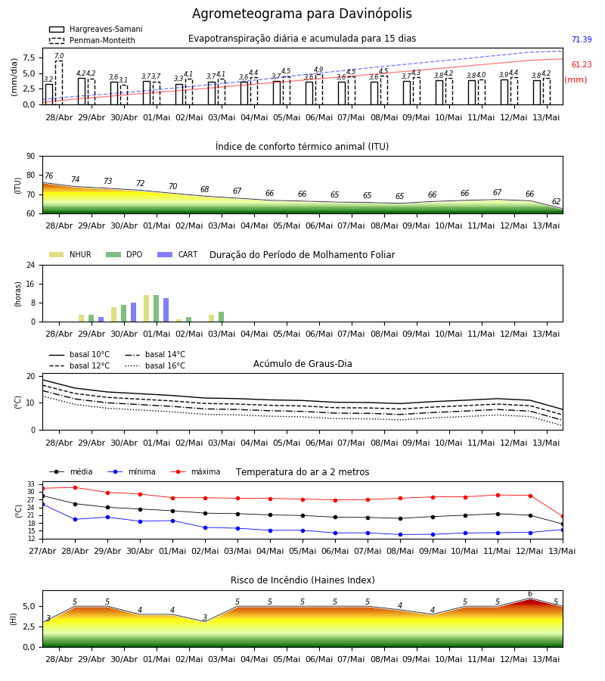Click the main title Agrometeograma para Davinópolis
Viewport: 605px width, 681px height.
point(302,14)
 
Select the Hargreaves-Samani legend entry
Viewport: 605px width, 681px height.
point(96,29)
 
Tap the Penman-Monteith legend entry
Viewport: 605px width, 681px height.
point(92,40)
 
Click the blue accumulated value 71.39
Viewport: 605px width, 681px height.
point(582,39)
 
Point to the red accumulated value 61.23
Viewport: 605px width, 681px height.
point(582,64)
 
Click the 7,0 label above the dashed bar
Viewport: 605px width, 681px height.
point(59,56)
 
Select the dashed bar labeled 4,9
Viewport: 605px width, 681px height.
point(319,89)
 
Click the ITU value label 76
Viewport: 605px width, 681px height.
point(48,176)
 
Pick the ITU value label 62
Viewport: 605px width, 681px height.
point(556,201)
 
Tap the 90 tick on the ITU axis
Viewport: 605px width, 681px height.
point(31,157)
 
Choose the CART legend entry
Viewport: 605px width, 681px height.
point(178,254)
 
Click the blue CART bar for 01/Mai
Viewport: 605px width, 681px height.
point(166,310)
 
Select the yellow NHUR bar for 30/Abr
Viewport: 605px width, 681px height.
point(113,315)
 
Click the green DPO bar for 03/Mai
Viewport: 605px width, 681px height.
point(222,317)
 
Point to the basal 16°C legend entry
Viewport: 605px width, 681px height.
point(155,365)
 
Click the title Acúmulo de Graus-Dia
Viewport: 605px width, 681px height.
point(302,363)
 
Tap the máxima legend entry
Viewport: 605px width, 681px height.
point(195,471)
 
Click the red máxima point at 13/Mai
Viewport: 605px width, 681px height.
point(563,516)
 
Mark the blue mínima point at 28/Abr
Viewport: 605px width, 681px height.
point(75,519)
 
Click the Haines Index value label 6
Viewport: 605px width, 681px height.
point(530,594)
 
